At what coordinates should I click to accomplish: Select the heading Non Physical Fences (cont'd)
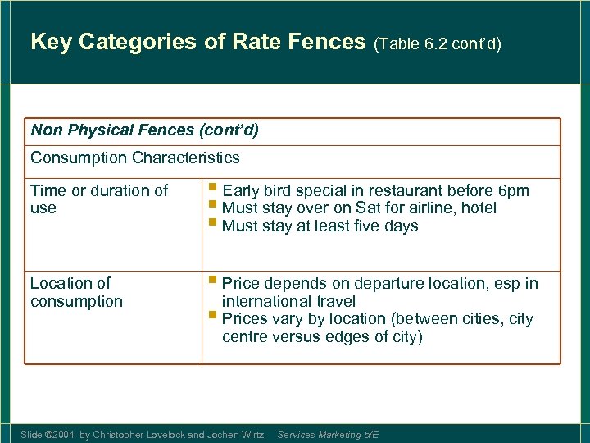click(144, 130)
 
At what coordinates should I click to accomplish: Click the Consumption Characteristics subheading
click(135, 158)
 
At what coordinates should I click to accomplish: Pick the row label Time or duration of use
click(98, 199)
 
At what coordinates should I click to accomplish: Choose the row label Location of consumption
click(76, 292)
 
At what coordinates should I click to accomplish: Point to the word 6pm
click(512, 191)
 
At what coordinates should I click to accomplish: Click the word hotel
click(479, 208)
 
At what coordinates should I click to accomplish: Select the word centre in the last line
click(246, 337)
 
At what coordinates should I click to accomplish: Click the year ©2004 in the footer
click(60, 434)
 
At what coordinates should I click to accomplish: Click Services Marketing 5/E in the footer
click(328, 434)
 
